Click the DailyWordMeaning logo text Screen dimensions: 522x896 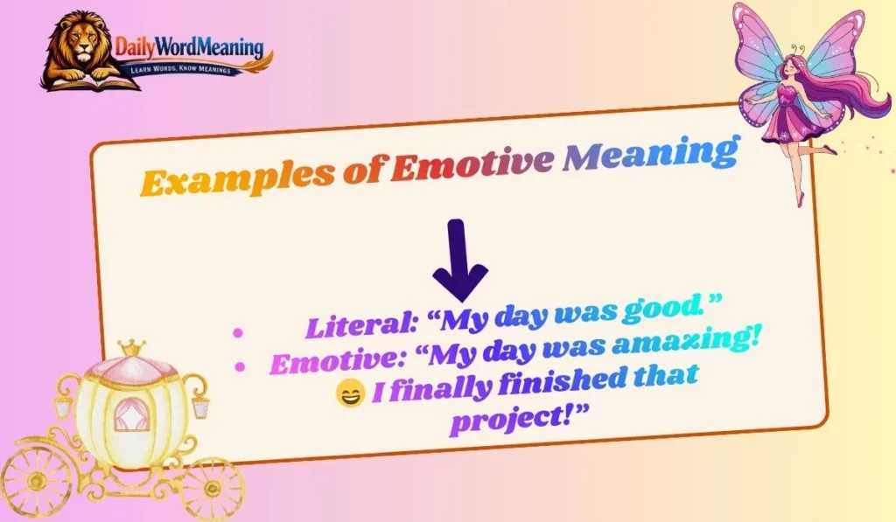pyautogui.click(x=191, y=48)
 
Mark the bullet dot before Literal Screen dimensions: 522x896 pyautogui.click(x=238, y=331)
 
